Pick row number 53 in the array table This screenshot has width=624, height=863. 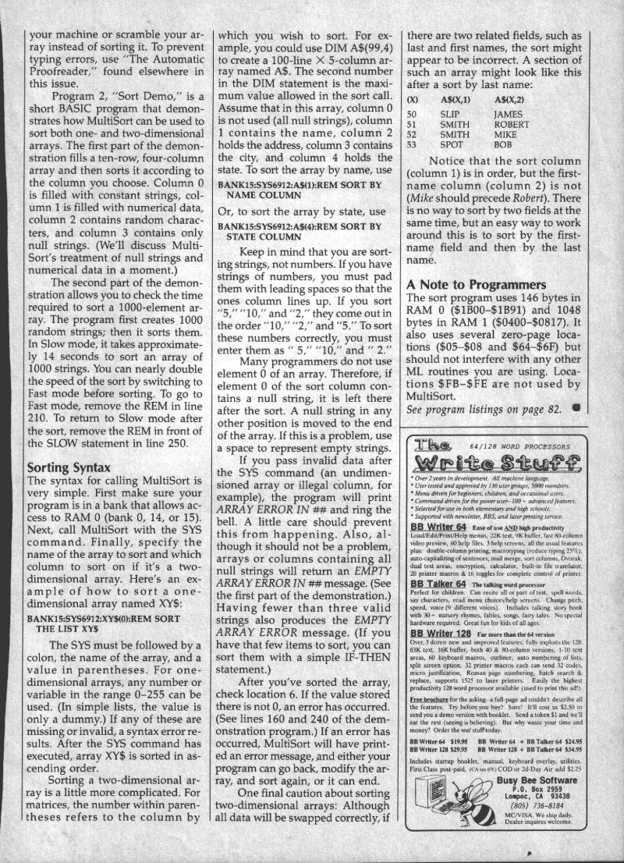coord(413,144)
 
